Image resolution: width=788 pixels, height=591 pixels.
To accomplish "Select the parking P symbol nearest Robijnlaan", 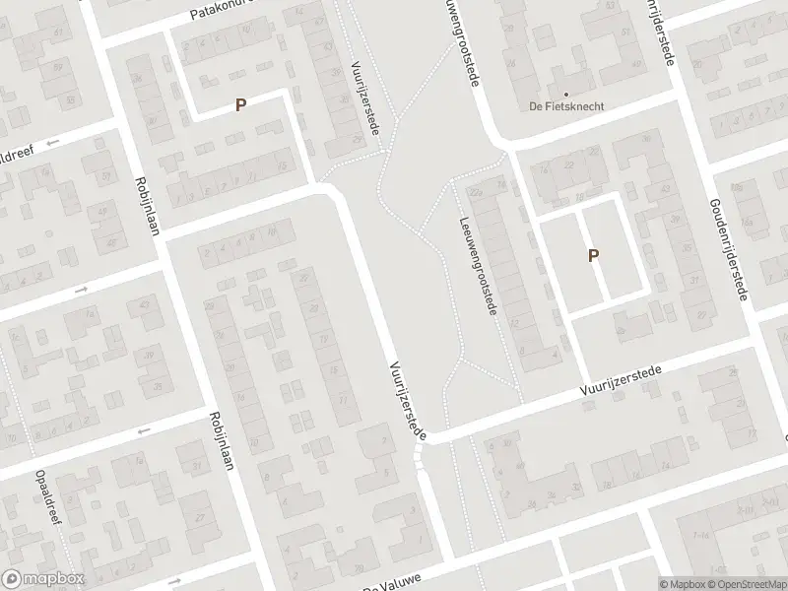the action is coord(239,103).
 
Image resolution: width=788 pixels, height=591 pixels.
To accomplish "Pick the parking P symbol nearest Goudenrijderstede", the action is coord(593,255).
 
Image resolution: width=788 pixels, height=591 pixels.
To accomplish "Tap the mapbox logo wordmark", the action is coord(42,579).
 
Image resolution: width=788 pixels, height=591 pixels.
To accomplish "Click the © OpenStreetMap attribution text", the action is coord(747,584).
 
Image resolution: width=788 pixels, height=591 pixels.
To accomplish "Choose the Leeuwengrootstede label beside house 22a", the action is coord(477,266).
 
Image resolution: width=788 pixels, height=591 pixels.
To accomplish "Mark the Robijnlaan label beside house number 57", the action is coord(149,205).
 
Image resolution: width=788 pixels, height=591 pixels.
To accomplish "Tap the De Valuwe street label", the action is coord(387,585).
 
